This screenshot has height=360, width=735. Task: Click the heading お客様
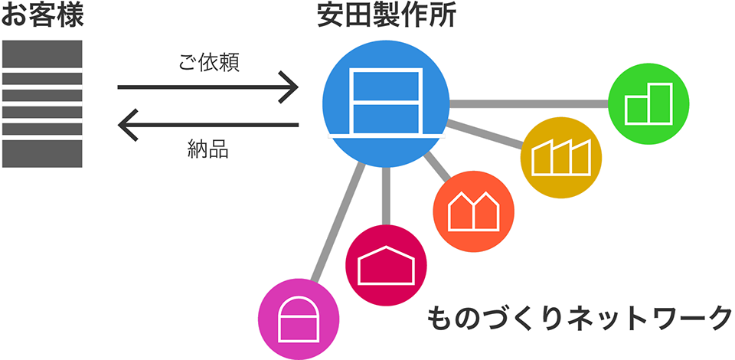tap(43, 15)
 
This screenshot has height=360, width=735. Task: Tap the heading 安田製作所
tap(386, 16)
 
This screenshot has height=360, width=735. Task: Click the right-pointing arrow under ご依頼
tap(207, 87)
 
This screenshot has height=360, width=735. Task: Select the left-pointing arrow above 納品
tap(207, 125)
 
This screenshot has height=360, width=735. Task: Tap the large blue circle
tap(386, 103)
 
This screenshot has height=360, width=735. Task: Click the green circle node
tap(648, 103)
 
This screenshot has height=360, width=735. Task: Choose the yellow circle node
tap(561, 158)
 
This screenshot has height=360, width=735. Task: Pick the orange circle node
tap(474, 211)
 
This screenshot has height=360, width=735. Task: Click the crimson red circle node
tap(386, 265)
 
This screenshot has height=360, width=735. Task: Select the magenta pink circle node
tap(299, 319)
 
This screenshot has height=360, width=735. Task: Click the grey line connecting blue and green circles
tap(529, 103)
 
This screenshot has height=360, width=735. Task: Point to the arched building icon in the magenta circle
tap(299, 319)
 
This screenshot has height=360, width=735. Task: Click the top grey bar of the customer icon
tap(42, 54)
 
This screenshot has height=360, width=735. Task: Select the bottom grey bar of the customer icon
tap(42, 154)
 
